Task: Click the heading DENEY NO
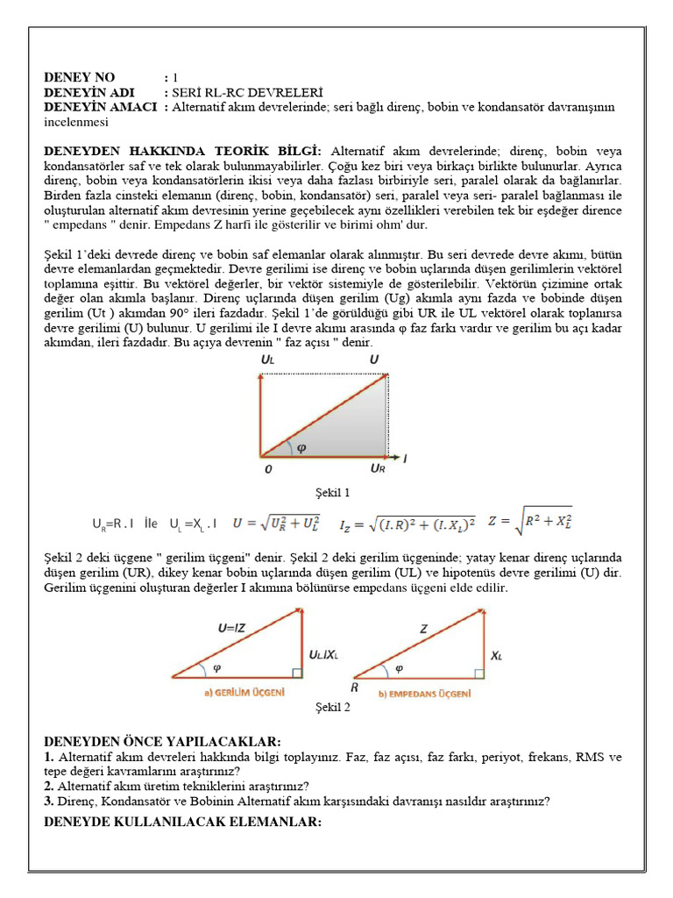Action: click(80, 78)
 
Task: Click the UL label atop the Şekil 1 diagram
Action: click(267, 360)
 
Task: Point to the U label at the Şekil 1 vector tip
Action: click(374, 360)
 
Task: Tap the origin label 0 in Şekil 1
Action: click(267, 469)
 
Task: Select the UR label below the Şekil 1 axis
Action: click(378, 469)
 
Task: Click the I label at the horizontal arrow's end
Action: click(405, 458)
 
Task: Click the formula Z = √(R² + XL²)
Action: click(531, 524)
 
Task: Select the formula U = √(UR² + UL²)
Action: click(276, 524)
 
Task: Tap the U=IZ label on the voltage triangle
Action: click(237, 628)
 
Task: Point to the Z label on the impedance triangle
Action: click(423, 629)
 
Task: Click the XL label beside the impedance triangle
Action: click(497, 654)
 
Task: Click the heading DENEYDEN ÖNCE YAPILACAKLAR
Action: click(162, 742)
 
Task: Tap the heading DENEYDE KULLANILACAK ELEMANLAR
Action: click(183, 822)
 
